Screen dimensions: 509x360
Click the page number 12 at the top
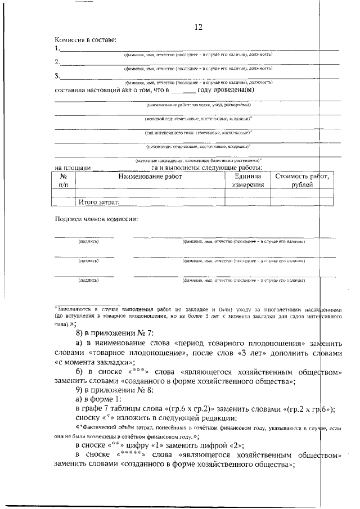(197, 27)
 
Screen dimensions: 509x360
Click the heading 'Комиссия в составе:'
(85, 40)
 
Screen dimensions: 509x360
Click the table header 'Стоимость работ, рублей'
(302, 181)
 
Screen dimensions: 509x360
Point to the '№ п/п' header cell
(63, 181)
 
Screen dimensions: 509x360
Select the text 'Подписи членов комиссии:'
(96, 219)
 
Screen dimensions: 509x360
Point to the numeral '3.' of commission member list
(57, 76)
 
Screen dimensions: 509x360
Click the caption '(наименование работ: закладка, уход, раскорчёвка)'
(198, 105)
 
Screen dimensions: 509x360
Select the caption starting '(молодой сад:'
(198, 119)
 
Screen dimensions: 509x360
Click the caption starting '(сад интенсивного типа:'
(198, 133)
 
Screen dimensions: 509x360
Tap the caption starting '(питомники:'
(198, 146)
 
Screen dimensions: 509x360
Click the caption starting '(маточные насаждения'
(198, 160)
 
